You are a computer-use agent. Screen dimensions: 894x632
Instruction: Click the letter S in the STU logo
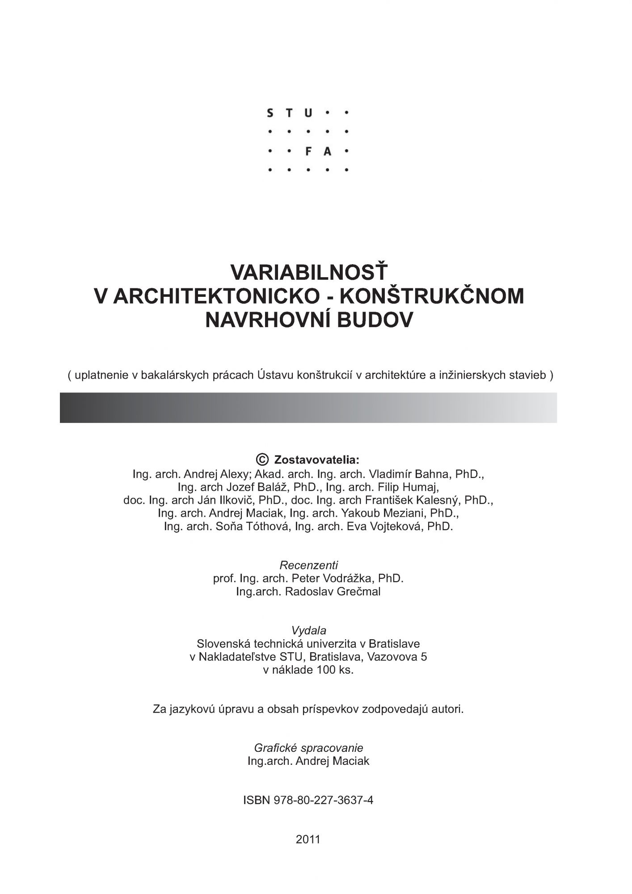270,113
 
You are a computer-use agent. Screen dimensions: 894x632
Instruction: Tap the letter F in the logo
308,152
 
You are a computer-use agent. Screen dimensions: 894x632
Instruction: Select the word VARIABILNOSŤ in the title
308,272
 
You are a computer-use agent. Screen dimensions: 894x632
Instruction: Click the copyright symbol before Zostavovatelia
262,459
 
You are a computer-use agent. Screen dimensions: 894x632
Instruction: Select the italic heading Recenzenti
308,565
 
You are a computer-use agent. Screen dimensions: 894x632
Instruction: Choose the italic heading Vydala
308,631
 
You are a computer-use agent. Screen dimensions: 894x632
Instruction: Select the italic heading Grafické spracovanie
308,748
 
